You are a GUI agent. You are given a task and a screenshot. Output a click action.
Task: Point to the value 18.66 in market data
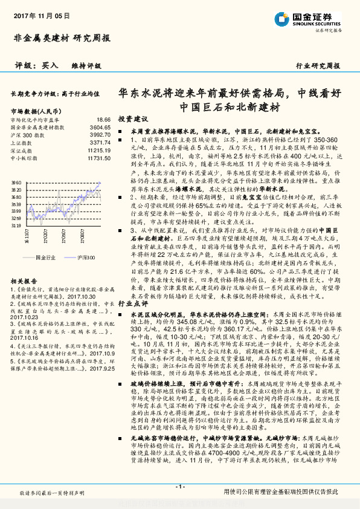[x=104, y=120]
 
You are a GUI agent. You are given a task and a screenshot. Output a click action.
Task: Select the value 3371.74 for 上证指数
[x=101, y=143]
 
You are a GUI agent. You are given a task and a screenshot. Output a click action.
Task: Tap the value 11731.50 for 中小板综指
[x=99, y=158]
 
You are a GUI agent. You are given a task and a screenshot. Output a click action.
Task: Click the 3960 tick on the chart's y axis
[x=16, y=182]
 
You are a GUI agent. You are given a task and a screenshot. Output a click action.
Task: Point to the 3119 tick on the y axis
[x=16, y=225]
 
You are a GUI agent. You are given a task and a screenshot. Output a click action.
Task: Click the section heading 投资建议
[x=133, y=120]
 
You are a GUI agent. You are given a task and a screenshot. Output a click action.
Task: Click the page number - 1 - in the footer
[x=179, y=486]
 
